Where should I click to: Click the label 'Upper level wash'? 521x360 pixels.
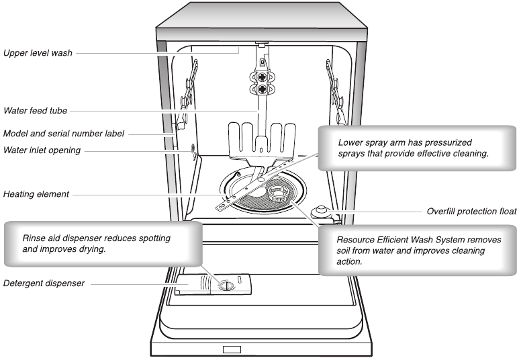38,51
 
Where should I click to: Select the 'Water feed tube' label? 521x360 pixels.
35,110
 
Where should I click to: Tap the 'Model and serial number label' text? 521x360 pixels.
63,133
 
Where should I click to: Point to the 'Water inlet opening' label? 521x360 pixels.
42,150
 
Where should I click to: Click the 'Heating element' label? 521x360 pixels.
36,195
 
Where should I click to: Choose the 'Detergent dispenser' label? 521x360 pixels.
44,283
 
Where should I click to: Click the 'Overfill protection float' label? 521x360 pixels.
471,211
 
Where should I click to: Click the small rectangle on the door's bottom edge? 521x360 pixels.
232,349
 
